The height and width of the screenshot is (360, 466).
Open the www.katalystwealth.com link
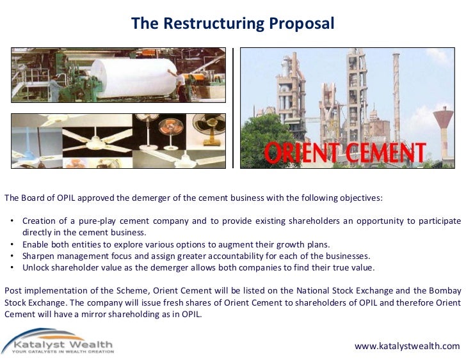407,346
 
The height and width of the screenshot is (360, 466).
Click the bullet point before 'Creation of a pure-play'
13,221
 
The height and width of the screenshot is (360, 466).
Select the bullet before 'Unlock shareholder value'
13,268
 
